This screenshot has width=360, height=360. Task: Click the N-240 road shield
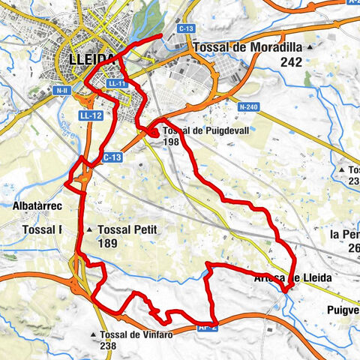pos(249,107)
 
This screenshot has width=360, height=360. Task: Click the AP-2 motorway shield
pos(207,326)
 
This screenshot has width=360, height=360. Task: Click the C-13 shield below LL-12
pos(111,157)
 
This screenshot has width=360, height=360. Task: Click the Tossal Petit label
pos(127,229)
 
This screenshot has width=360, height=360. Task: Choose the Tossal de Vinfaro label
pos(136,334)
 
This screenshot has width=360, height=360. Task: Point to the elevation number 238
pos(109,346)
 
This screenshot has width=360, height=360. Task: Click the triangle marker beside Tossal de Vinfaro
pos(92,334)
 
